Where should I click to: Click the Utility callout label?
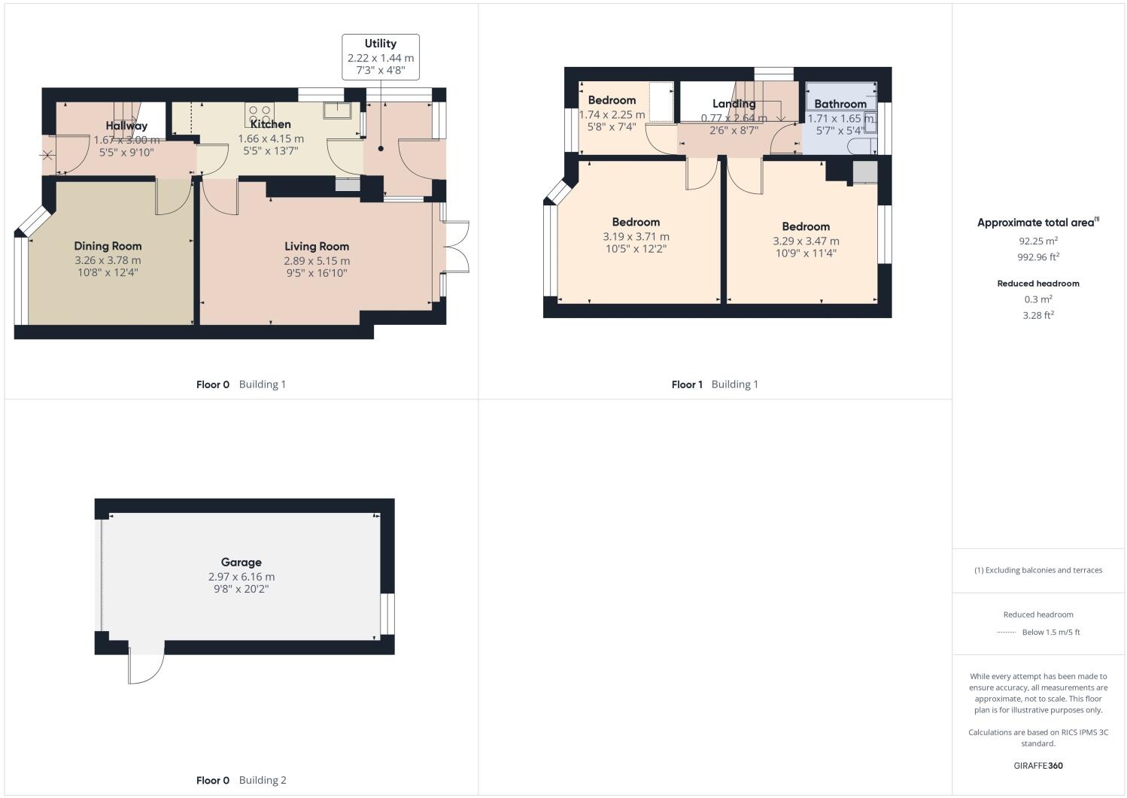tap(380, 44)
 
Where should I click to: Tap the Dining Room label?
tap(108, 246)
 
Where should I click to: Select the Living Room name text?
tap(317, 246)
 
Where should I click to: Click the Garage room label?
tap(241, 562)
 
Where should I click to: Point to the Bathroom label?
tap(840, 104)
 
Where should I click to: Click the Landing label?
tap(734, 104)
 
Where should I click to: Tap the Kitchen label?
tap(270, 124)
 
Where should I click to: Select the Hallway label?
tap(126, 126)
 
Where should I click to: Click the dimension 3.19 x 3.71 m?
tap(636, 236)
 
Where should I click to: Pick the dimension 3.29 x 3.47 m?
tap(806, 241)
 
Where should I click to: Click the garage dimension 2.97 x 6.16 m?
tap(241, 577)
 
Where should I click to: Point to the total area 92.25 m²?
tap(1038, 241)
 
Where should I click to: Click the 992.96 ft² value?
tap(1038, 256)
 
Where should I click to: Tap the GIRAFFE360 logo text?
tap(1038, 766)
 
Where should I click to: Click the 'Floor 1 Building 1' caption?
tap(715, 384)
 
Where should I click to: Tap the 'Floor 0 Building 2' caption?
tap(241, 780)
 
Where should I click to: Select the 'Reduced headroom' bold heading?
tap(1038, 284)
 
